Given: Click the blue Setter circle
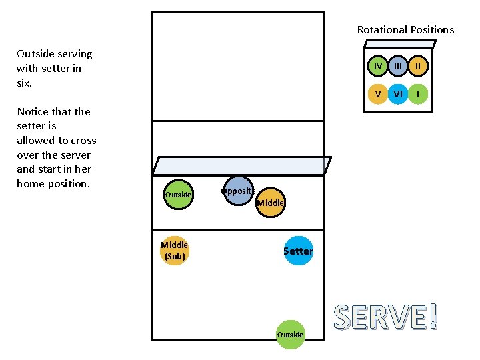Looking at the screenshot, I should (297, 251).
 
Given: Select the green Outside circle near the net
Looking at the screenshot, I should (178, 194).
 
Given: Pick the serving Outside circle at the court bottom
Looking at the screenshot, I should (290, 333).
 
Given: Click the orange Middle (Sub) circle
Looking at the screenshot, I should (174, 251).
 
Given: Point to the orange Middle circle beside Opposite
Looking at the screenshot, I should (270, 203).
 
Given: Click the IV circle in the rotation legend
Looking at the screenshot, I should (377, 66).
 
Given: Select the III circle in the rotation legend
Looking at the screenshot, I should (398, 66).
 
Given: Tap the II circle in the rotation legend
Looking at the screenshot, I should (418, 66).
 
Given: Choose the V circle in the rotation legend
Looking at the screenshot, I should (377, 94).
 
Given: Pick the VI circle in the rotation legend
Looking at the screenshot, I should (398, 94).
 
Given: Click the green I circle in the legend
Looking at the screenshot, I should (418, 94).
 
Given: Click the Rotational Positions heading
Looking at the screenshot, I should (405, 29).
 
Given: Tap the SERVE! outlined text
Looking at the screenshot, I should (386, 318).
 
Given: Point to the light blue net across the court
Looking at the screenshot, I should (242, 165).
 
